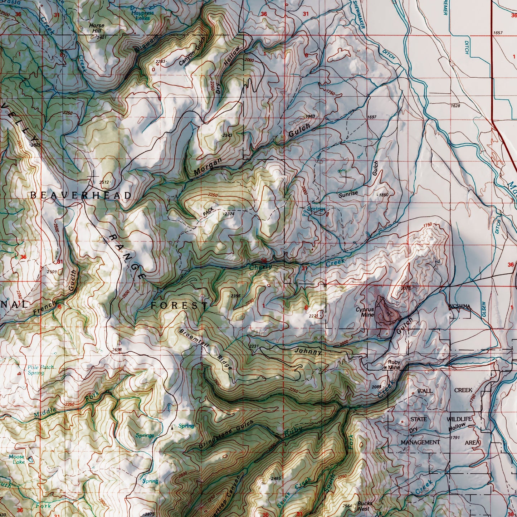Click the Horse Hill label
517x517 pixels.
click(x=96, y=28)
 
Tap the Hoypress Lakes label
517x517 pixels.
click(x=142, y=15)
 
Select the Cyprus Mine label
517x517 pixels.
click(x=365, y=312)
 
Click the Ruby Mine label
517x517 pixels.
click(x=394, y=365)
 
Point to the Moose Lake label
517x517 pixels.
click(x=16, y=459)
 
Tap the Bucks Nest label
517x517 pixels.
click(x=365, y=506)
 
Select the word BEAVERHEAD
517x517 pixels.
click(x=81, y=195)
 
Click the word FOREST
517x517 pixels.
click(x=179, y=305)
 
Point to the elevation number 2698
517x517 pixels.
click(x=117, y=350)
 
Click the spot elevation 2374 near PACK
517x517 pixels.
click(x=229, y=214)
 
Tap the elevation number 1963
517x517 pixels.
click(x=311, y=117)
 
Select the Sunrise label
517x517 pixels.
click(x=348, y=194)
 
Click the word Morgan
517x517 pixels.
click(x=208, y=167)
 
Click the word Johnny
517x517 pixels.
click(x=308, y=351)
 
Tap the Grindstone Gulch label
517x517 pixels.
click(x=226, y=434)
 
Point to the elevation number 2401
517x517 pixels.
click(x=102, y=37)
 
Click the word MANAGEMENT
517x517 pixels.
click(x=420, y=442)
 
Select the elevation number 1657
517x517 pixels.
click(x=498, y=33)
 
